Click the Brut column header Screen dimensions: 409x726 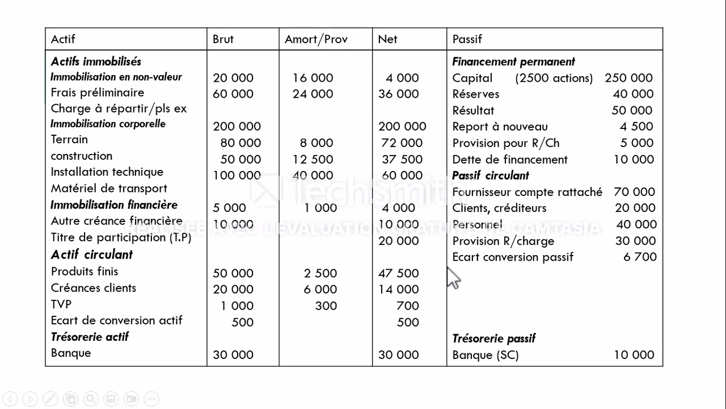223,39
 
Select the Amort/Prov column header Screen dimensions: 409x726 316,39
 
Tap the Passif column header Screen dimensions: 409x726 467,39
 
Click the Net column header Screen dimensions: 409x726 387,39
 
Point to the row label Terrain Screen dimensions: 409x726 69,140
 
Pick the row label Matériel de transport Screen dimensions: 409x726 109,189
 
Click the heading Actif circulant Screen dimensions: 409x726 92,254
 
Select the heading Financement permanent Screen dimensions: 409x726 513,61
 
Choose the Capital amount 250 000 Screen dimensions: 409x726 628,78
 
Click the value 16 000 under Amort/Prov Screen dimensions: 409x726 313,78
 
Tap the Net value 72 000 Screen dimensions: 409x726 402,143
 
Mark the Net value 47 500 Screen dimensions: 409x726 398,273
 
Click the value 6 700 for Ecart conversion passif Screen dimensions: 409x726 640,257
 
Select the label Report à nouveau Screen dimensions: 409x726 500,127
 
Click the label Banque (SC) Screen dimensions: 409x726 486,355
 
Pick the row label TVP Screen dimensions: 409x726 61,304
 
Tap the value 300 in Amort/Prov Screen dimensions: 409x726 326,306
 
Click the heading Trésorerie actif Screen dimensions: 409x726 90,337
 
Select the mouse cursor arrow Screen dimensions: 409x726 453,278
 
